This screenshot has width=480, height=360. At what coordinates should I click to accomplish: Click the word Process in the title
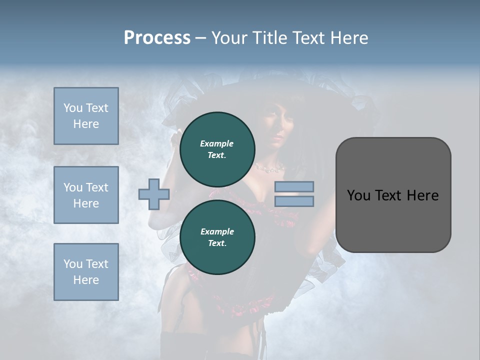point(157,38)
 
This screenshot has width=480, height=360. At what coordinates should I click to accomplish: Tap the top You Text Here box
point(86,116)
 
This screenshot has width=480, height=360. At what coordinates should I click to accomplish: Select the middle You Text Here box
point(86,195)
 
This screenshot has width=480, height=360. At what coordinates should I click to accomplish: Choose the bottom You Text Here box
point(86,272)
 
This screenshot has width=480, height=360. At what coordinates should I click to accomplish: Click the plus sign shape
point(154,194)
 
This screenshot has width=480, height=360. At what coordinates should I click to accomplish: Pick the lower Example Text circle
point(217,237)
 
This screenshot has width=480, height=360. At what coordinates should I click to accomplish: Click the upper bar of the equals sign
point(294,187)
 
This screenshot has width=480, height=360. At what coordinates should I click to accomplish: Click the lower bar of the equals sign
point(294,201)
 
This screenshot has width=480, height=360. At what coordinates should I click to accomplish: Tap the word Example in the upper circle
point(217,143)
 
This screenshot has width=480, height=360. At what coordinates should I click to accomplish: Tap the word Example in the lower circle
point(217,231)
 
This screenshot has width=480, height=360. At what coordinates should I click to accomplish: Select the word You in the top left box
point(72,108)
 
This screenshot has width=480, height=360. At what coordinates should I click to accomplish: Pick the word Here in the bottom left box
point(86,280)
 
